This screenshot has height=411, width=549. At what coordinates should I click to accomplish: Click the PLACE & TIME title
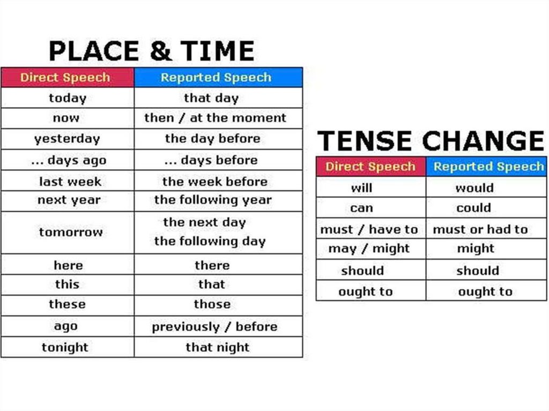(x=151, y=51)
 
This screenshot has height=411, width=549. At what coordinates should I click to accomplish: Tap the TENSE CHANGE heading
(x=431, y=141)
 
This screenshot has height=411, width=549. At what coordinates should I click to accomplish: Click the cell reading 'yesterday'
(x=67, y=139)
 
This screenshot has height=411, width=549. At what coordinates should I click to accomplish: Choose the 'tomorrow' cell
(x=71, y=232)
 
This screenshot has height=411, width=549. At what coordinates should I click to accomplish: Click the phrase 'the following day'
(x=210, y=241)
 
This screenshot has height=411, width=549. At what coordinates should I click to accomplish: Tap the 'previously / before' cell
(x=214, y=327)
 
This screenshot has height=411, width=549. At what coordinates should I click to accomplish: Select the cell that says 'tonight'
(x=65, y=347)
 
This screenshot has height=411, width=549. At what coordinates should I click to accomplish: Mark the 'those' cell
(x=212, y=304)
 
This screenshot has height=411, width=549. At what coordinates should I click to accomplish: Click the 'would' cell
(x=475, y=188)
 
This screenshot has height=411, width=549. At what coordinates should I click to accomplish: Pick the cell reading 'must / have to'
(x=369, y=229)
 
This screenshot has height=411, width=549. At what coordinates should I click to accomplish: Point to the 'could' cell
(x=474, y=208)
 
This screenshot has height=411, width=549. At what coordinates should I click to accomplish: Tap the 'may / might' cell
(x=369, y=249)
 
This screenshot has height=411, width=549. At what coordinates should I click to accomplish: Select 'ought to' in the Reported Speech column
(x=485, y=292)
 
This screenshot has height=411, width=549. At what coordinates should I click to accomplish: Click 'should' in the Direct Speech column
(x=363, y=271)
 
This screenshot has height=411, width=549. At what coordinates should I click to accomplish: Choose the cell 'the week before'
(x=215, y=182)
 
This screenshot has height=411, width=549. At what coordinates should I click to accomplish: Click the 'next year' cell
(x=69, y=200)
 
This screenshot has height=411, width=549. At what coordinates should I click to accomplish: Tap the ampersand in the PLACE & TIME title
(x=161, y=51)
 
